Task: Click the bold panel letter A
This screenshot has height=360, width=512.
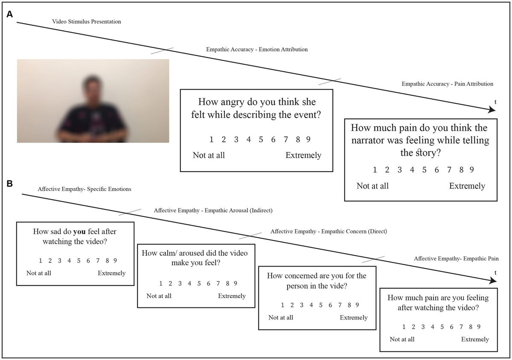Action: tap(9, 14)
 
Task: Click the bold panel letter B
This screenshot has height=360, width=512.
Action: tap(9, 184)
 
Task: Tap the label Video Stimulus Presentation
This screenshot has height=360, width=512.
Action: tap(86, 21)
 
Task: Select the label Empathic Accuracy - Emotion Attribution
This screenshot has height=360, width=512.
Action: tap(257, 50)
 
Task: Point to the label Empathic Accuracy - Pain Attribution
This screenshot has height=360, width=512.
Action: tap(447, 84)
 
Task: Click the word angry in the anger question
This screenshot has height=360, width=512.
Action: tap(233, 102)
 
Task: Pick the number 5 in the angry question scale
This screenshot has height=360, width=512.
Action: tap(261, 139)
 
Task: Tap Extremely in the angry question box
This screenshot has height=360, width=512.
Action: tap(303, 155)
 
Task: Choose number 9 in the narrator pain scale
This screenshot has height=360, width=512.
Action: tap(472, 170)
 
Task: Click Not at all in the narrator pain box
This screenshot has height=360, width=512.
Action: tap(372, 186)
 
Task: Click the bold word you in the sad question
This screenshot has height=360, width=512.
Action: tap(79, 232)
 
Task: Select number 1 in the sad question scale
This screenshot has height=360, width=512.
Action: tap(41, 260)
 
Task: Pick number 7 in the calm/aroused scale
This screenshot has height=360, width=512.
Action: tap(218, 284)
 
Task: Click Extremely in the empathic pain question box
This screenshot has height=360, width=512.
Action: tap(475, 339)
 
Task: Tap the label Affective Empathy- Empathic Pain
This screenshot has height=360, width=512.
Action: tap(456, 258)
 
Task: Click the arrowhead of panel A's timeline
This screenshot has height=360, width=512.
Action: tap(492, 110)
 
